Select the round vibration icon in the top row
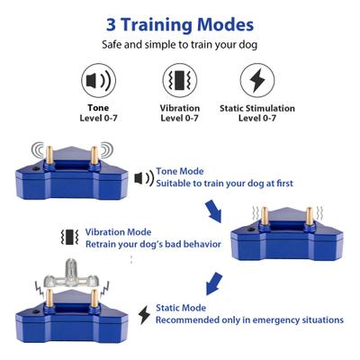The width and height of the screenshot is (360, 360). tap(180, 79)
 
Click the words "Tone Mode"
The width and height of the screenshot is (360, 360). tap(180, 171)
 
